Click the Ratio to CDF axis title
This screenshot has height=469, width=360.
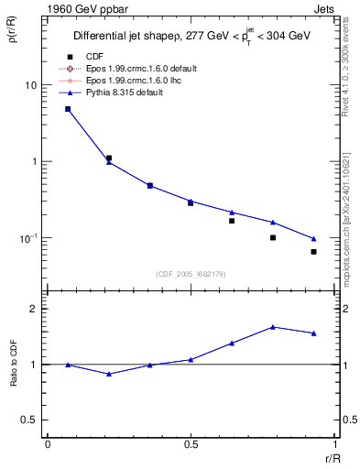point(14,365)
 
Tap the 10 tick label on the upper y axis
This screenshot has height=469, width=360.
point(29,85)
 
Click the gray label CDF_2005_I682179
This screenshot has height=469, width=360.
point(191,273)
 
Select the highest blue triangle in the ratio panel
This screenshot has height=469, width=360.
point(273,327)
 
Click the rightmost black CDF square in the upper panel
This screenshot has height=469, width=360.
point(313,251)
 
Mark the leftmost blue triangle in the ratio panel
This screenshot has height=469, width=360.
point(68,365)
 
